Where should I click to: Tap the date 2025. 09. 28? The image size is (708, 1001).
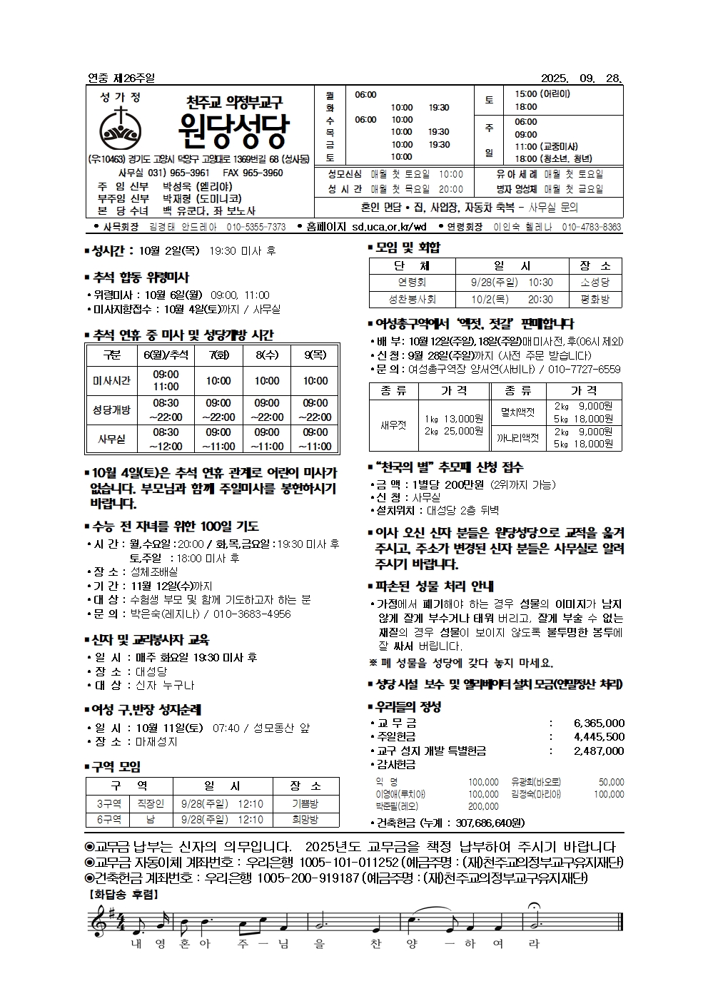(x=582, y=78)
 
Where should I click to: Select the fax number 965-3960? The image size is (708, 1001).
(x=262, y=173)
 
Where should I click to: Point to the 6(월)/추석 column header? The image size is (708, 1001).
(x=166, y=355)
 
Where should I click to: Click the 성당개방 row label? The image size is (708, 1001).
(x=111, y=410)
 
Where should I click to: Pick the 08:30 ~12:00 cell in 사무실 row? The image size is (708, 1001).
(x=166, y=439)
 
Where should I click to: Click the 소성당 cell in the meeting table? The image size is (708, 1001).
(x=595, y=283)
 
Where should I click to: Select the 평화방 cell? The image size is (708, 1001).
(x=595, y=300)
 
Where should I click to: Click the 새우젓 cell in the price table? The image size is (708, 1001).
(x=393, y=425)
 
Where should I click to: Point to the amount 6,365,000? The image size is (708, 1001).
(x=599, y=723)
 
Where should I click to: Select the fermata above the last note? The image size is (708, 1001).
(x=533, y=908)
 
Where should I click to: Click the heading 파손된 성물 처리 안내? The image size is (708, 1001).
(x=435, y=586)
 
